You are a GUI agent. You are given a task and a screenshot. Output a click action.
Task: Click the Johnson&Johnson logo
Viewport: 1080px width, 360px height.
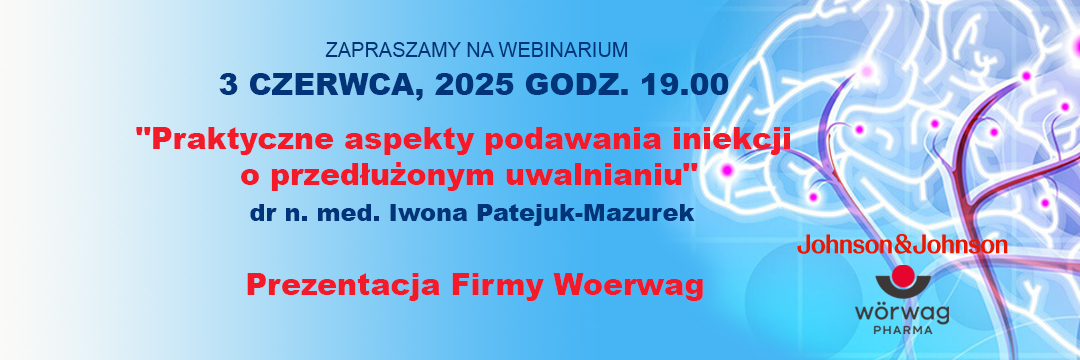click(x=902, y=245)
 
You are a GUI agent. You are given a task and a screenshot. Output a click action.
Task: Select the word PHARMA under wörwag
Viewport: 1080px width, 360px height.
click(x=903, y=330)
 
